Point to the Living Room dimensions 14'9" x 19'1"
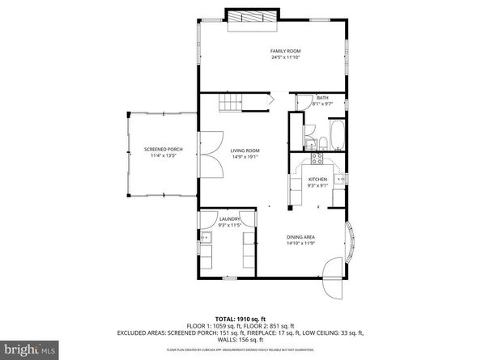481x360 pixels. pos(245,156)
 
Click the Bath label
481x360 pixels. pos(322,97)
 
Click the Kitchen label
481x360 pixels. pos(317,179)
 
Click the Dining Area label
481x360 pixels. pos(300,236)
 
